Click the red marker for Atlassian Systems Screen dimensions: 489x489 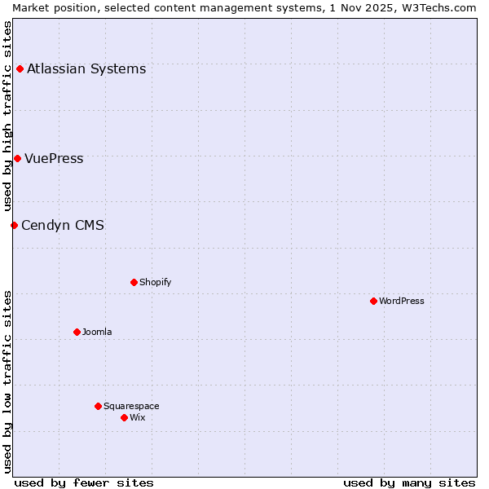click(20, 68)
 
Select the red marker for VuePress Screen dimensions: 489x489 click(17, 158)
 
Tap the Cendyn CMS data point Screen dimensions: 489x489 click(14, 225)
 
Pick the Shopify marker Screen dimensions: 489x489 click(134, 282)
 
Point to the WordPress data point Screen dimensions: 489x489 click(373, 301)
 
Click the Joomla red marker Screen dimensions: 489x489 click(77, 332)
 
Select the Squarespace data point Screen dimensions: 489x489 click(98, 406)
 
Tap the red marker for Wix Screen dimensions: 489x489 click(124, 417)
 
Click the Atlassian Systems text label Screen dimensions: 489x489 click(86, 68)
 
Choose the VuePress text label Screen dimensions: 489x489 click(54, 158)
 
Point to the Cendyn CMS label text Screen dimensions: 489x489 click(63, 225)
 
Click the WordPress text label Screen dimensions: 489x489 click(402, 301)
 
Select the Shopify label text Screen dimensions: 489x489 click(155, 282)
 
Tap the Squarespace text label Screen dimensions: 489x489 click(131, 406)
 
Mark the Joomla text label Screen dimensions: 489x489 click(97, 332)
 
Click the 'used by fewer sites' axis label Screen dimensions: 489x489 click(84, 482)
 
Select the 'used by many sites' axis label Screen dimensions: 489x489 click(409, 482)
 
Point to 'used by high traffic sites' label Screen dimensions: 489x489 click(7, 116)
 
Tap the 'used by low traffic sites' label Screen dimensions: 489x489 click(7, 381)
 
